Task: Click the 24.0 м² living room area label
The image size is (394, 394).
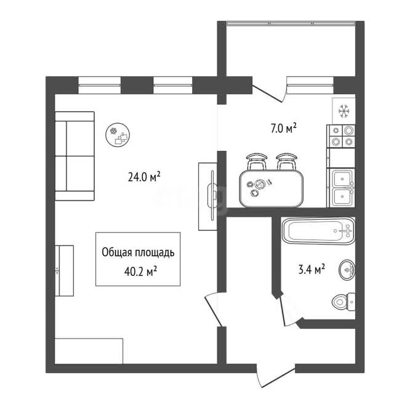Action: (144, 177)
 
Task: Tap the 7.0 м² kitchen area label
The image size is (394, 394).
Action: (283, 128)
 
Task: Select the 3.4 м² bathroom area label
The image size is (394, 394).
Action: (312, 270)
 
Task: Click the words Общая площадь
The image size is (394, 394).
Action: (138, 252)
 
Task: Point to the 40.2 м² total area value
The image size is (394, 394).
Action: (141, 271)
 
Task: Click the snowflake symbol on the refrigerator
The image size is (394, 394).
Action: (344, 111)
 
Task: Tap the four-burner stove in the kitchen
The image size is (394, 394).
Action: (342, 136)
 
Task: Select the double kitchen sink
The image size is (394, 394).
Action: (343, 188)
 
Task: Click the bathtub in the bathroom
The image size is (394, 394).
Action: (318, 231)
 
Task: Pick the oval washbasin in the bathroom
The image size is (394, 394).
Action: (347, 270)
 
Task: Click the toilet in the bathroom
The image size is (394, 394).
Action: (344, 302)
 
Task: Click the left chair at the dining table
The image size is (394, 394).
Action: (257, 161)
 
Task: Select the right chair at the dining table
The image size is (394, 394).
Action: (286, 161)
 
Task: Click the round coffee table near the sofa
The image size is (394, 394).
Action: (118, 135)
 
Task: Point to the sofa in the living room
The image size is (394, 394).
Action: (74, 156)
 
